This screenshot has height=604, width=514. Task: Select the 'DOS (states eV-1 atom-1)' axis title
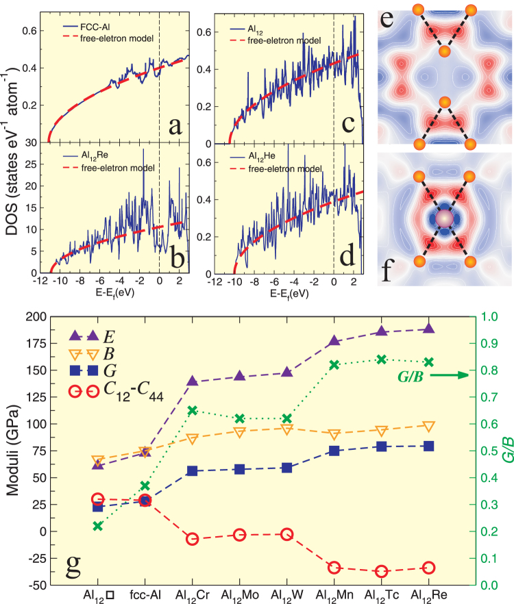(x=15, y=137)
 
